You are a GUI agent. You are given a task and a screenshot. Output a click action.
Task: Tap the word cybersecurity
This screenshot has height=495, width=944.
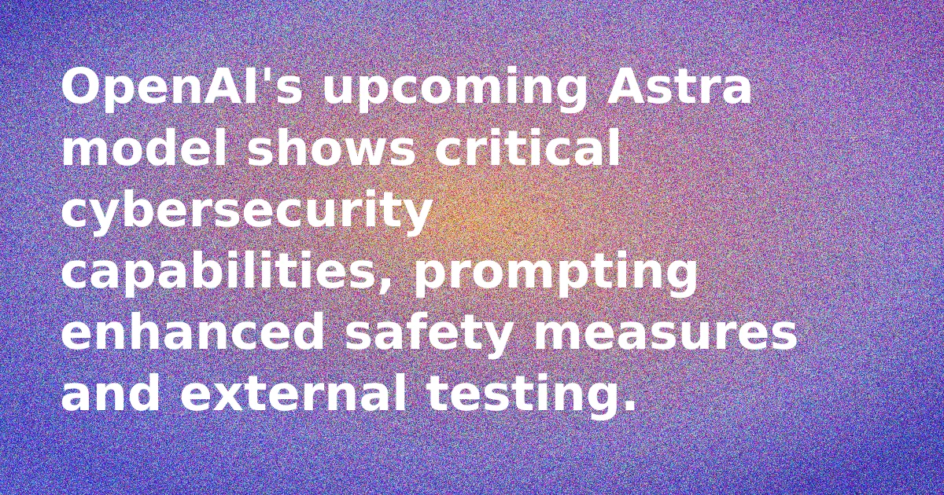tap(246, 213)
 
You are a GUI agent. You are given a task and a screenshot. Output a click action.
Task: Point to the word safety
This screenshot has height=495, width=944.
tap(430, 335)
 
